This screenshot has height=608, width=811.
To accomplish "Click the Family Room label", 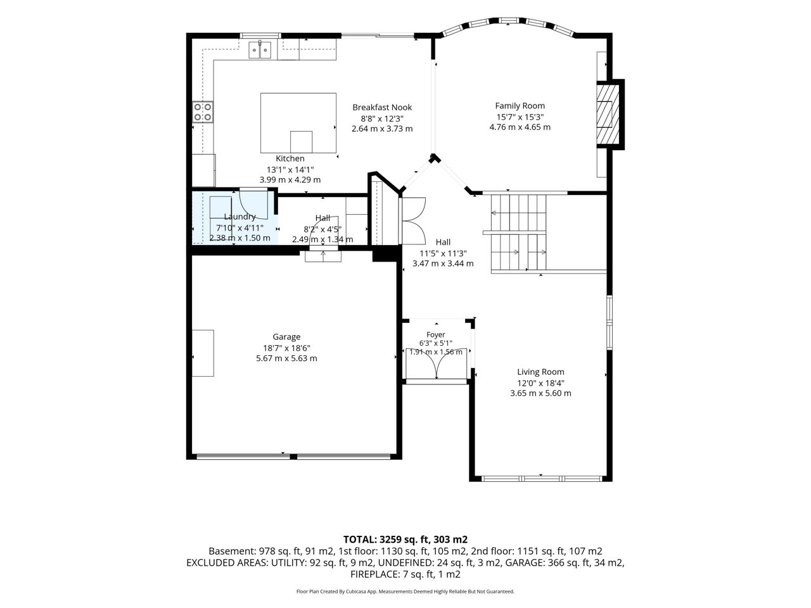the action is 520,106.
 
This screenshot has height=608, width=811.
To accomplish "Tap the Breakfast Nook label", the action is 381,108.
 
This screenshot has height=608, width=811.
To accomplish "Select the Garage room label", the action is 286,337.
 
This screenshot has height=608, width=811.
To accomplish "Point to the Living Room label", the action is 540,372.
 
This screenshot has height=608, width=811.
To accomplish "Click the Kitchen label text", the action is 290,158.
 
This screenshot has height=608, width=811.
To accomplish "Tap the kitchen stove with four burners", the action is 203,112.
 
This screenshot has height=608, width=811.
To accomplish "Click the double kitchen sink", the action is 260,50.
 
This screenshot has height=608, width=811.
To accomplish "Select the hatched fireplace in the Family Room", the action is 608,115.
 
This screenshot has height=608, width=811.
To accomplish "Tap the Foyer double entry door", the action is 437,364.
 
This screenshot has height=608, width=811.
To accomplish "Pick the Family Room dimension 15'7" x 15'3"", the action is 520,117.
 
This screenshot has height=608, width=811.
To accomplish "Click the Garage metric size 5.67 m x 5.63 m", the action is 286,358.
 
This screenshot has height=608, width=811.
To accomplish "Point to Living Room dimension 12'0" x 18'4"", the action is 540,383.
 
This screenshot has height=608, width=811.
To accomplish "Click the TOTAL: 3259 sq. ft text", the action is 386,540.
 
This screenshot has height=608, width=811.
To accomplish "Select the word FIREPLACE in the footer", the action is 374,574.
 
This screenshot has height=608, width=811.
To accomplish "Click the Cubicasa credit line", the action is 405,592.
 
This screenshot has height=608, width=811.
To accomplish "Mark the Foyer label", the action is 436,334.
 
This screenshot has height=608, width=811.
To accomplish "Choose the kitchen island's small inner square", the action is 301,142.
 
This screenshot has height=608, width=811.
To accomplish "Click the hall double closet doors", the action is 414,221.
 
